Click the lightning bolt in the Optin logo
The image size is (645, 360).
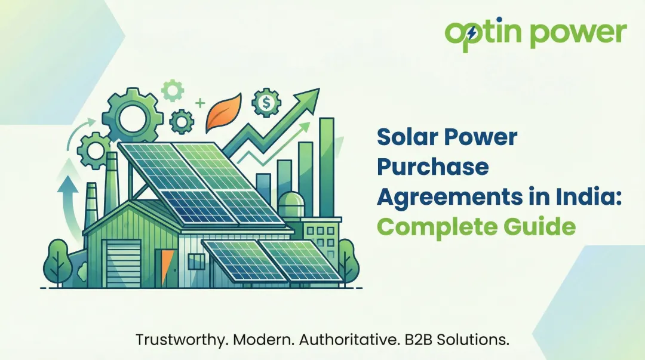click(x=472, y=34)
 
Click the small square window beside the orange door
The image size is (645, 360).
click(x=195, y=261)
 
